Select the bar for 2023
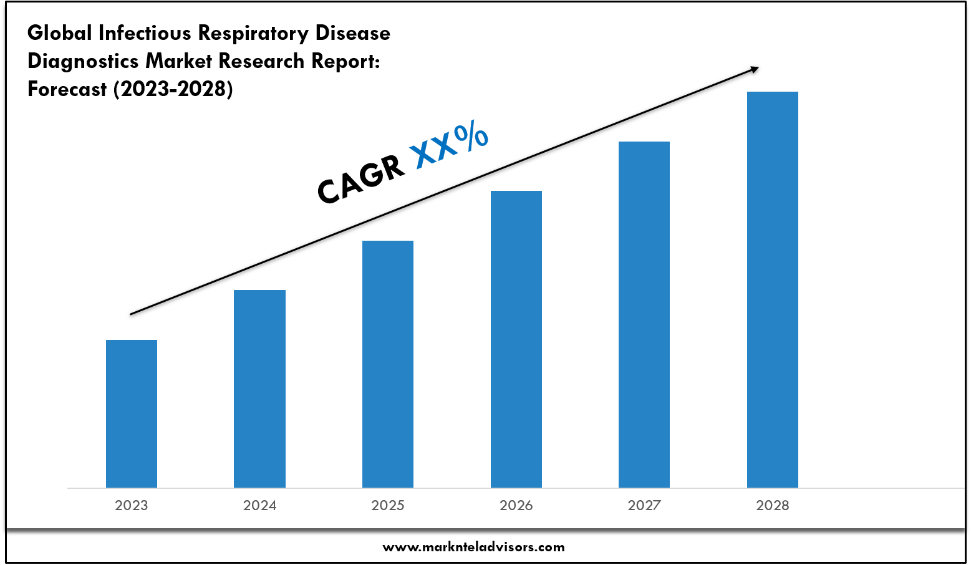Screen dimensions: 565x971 pyautogui.click(x=132, y=413)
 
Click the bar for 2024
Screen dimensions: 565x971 pyautogui.click(x=259, y=389)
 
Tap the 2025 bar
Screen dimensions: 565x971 pyautogui.click(x=388, y=364)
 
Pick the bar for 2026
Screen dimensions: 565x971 pyautogui.click(x=516, y=339)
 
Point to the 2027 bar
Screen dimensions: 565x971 pyautogui.click(x=644, y=314)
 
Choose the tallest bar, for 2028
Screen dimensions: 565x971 pyautogui.click(x=773, y=289)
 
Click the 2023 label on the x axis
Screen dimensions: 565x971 pyautogui.click(x=132, y=505)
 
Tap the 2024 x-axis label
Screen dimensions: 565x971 pyautogui.click(x=259, y=505)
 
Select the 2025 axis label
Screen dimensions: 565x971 pyautogui.click(x=388, y=505)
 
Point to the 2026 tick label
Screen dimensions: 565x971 pyautogui.click(x=516, y=505)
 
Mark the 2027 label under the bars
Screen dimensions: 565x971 pyautogui.click(x=644, y=505)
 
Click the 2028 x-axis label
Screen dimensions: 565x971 pyautogui.click(x=773, y=505)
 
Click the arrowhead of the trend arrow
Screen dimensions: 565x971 pyautogui.click(x=755, y=69)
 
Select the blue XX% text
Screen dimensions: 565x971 pyautogui.click(x=449, y=145)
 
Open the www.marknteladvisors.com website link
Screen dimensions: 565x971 pyautogui.click(x=473, y=547)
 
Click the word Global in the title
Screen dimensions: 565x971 pyautogui.click(x=60, y=33)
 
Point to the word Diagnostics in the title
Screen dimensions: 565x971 pyautogui.click(x=84, y=61)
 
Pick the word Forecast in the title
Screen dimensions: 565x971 pyautogui.click(x=67, y=89)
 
